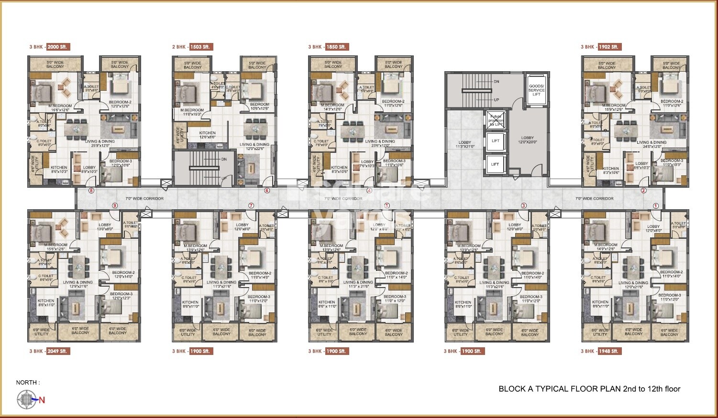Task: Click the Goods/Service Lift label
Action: click(x=536, y=90)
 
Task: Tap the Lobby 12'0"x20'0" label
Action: click(x=528, y=139)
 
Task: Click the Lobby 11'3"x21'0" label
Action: click(x=464, y=144)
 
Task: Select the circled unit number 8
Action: click(x=91, y=191)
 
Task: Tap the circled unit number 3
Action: click(x=524, y=205)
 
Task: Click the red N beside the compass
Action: click(x=42, y=400)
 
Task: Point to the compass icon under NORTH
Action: click(x=27, y=400)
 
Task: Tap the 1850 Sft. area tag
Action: click(x=337, y=47)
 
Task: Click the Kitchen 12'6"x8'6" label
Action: click(x=207, y=135)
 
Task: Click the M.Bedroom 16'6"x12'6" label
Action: click(x=60, y=108)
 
